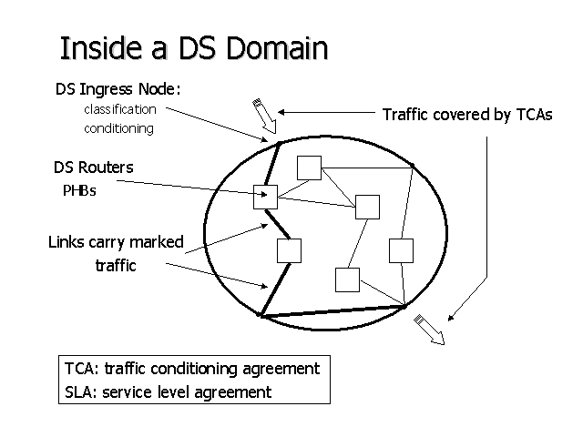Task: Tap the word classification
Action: point(120,109)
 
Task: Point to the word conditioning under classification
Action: point(119,128)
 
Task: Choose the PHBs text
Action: point(77,190)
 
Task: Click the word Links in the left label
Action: point(67,243)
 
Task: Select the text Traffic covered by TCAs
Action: point(466,115)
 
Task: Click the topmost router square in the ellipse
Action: point(310,168)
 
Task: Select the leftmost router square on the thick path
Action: point(265,196)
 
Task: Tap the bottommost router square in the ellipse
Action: point(347,279)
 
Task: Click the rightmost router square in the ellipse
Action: point(401,249)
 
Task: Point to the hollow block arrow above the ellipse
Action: point(262,115)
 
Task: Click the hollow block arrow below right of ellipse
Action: point(429,329)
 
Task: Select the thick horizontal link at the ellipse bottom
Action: point(332,312)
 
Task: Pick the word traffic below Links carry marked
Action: point(116,266)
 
